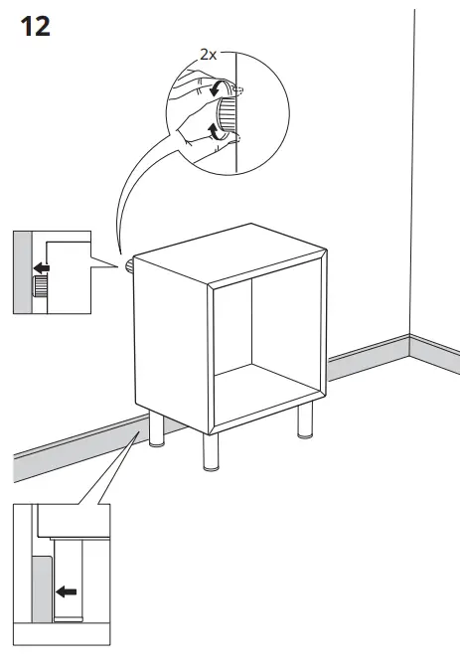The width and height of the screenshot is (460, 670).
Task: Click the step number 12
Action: [35, 27]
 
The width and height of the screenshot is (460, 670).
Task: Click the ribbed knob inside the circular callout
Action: [228, 110]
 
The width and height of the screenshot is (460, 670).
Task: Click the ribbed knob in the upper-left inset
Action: [41, 288]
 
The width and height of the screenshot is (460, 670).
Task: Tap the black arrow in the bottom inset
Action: [67, 592]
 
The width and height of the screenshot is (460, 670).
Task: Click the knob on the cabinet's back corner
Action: [129, 266]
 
